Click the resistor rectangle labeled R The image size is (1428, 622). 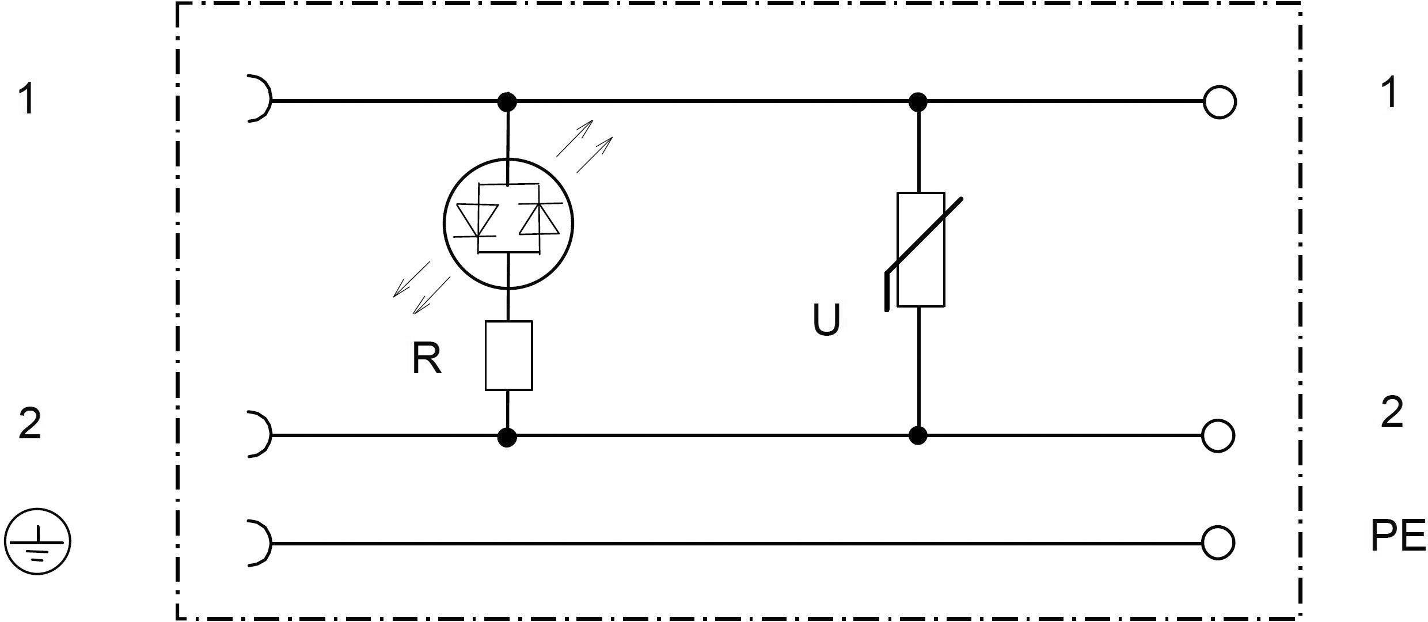[x=508, y=355]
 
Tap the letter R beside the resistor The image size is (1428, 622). [x=427, y=359]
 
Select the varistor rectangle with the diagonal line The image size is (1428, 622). [x=920, y=249]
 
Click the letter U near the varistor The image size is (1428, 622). [x=826, y=320]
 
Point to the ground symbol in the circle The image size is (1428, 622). [x=38, y=541]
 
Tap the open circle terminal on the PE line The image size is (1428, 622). [x=1218, y=543]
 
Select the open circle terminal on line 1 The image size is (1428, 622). [x=1219, y=102]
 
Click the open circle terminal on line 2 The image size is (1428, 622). [x=1218, y=435]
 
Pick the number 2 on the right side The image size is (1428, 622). [x=1392, y=412]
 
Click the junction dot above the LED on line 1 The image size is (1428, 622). [x=507, y=102]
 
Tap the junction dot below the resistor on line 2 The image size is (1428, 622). [x=507, y=437]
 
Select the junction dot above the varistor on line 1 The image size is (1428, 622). [x=918, y=102]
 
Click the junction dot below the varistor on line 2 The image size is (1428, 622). [x=918, y=435]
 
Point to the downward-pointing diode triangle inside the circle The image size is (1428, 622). [x=477, y=221]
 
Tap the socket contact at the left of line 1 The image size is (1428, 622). [x=259, y=98]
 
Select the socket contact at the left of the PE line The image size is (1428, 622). [x=259, y=543]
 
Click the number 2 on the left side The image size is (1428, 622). [x=30, y=423]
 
